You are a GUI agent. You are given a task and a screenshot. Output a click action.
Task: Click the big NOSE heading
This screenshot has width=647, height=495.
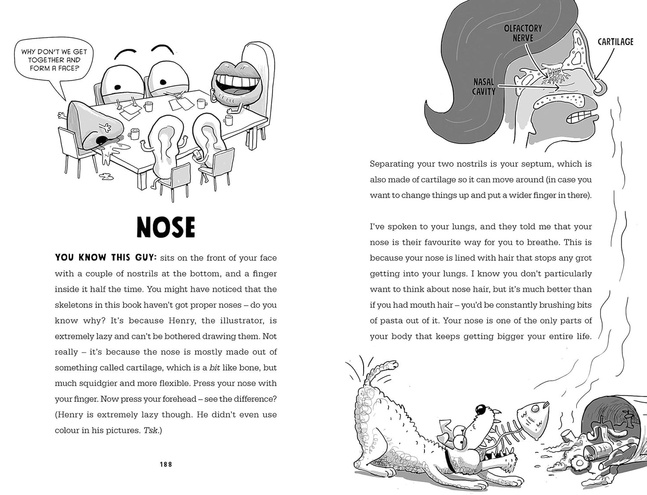[166, 227]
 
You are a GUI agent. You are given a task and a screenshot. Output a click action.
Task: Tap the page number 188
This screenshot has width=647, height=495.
[166, 465]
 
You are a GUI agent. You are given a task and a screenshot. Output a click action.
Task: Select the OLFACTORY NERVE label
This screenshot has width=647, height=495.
[523, 33]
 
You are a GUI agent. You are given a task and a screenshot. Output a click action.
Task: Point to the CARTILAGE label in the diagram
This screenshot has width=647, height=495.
[615, 42]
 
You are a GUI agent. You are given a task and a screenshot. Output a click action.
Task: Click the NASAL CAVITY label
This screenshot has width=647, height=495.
[484, 86]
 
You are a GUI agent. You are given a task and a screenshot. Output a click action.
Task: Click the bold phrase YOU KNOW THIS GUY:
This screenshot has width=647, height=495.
[106, 258]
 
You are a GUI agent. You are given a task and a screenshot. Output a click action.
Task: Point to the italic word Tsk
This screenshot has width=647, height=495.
[151, 430]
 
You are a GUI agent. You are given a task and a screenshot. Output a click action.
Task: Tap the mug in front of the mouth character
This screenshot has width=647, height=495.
[228, 120]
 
